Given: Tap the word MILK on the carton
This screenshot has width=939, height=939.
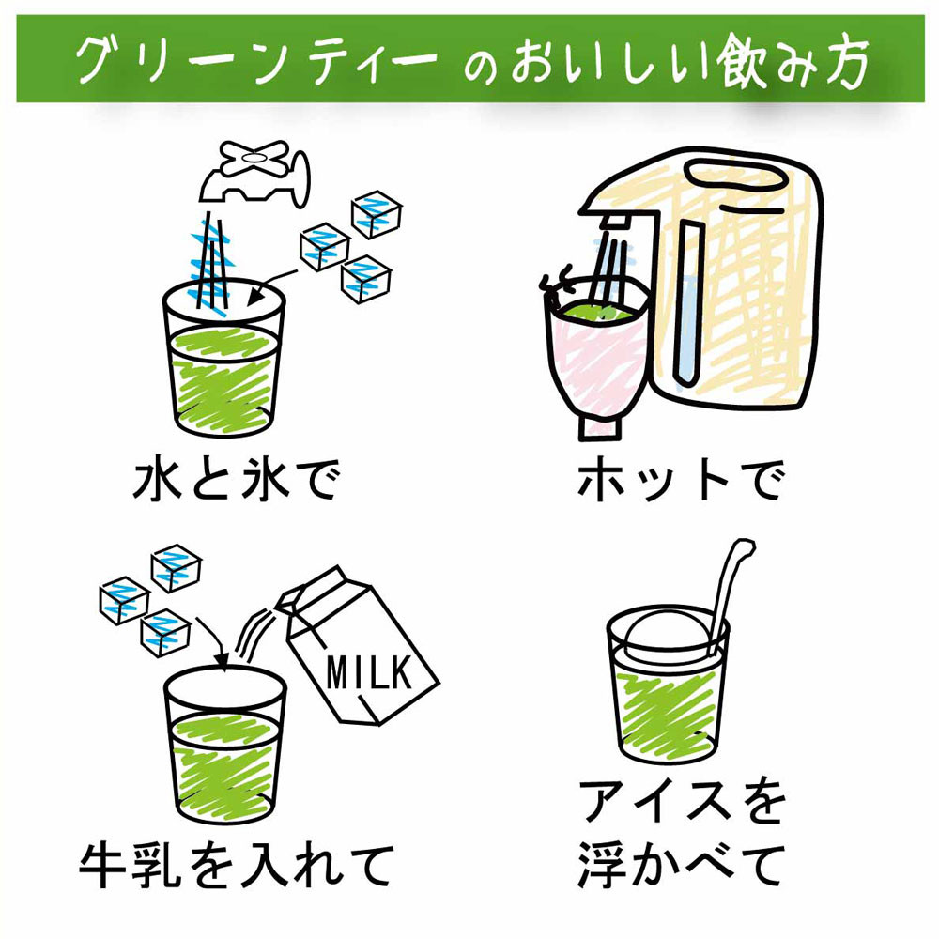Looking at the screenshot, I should pyautogui.click(x=367, y=670).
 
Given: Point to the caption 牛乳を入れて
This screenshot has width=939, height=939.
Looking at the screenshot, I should pyautogui.click(x=234, y=865).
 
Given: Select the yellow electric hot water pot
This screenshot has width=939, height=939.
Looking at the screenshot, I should pyautogui.click(x=742, y=282).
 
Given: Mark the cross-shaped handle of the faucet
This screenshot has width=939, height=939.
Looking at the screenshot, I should pyautogui.click(x=251, y=156).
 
